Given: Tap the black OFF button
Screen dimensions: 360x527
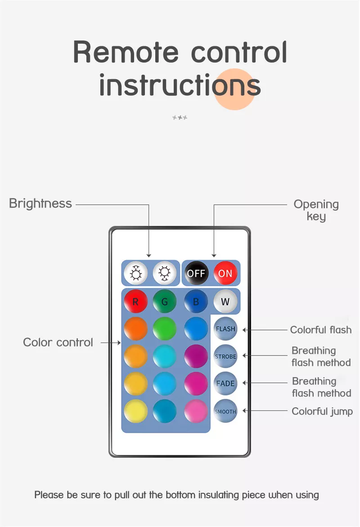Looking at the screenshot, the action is [196, 273].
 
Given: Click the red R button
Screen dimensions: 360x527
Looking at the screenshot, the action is [135, 302].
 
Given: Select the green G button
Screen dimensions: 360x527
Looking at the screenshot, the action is [164, 302].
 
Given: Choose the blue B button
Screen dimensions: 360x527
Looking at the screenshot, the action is [196, 302].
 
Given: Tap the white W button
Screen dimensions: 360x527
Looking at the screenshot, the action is [225, 302].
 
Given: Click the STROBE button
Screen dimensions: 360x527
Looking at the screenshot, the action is [225, 356].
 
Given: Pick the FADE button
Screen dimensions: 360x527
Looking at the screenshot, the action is [225, 383].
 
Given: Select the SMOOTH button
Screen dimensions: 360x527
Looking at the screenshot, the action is [225, 411].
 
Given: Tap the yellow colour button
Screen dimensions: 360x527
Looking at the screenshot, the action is [135, 411].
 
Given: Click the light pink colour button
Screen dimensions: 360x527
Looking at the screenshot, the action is [196, 411].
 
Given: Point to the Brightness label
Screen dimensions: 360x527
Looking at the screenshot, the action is [40, 204].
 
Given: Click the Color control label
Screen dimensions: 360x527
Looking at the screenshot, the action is [58, 342].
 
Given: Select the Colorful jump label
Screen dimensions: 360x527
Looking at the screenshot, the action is [322, 411].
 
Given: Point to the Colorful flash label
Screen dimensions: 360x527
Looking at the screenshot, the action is [321, 330].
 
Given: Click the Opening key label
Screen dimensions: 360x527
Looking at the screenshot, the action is [316, 210].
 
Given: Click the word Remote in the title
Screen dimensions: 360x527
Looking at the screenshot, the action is [126, 52].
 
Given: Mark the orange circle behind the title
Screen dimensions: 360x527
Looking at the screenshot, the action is [234, 90].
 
